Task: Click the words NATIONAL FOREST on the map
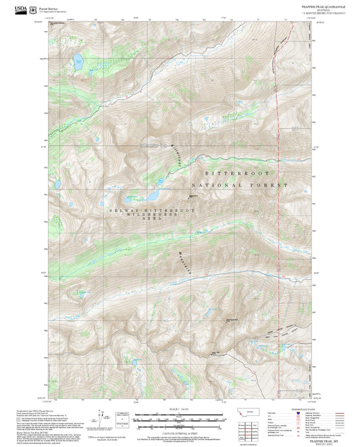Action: pos(240,184)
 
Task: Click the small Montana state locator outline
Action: pos(244,413)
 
